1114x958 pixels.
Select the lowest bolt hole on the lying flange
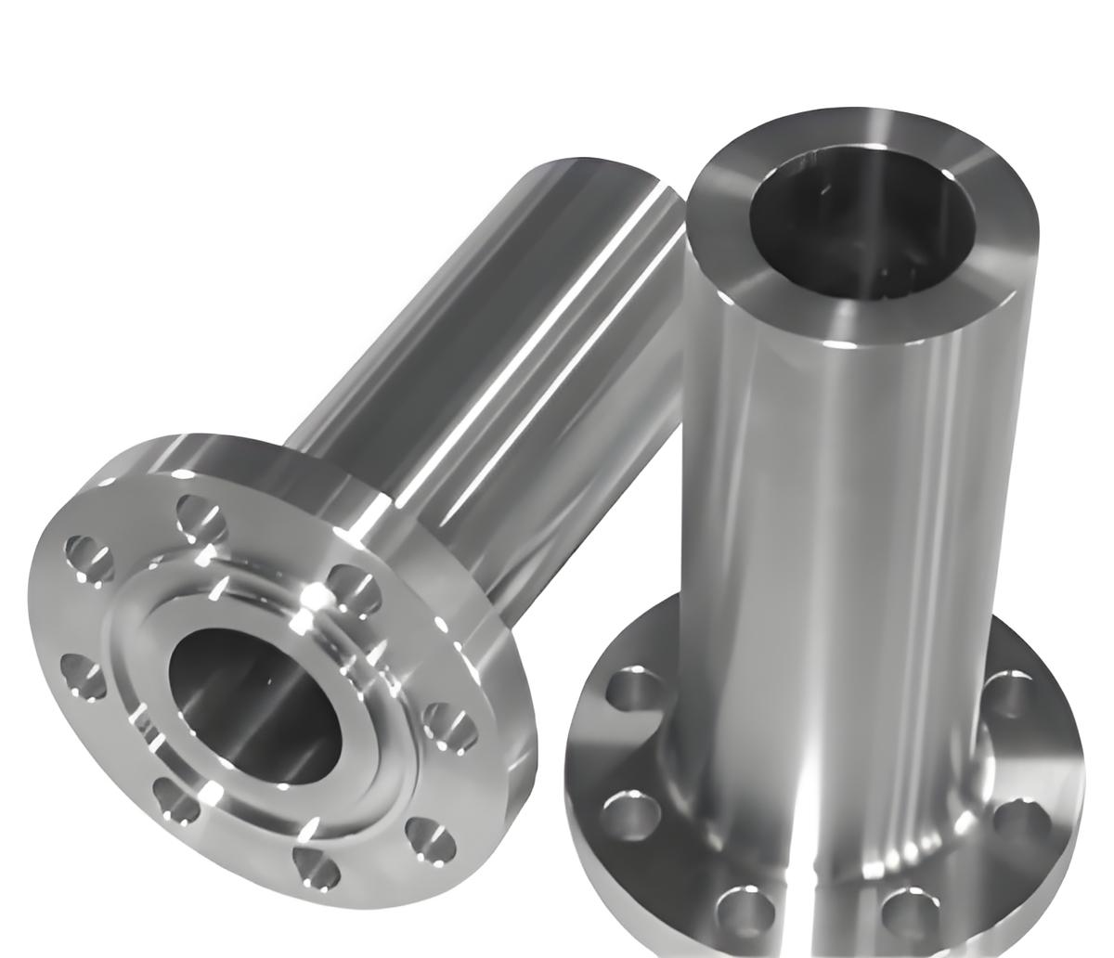tap(313, 862)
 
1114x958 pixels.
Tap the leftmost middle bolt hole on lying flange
tap(84, 676)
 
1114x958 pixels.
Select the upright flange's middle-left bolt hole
tap(630, 812)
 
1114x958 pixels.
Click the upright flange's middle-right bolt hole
tap(1021, 821)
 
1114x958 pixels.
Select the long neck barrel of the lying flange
tap(483, 353)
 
